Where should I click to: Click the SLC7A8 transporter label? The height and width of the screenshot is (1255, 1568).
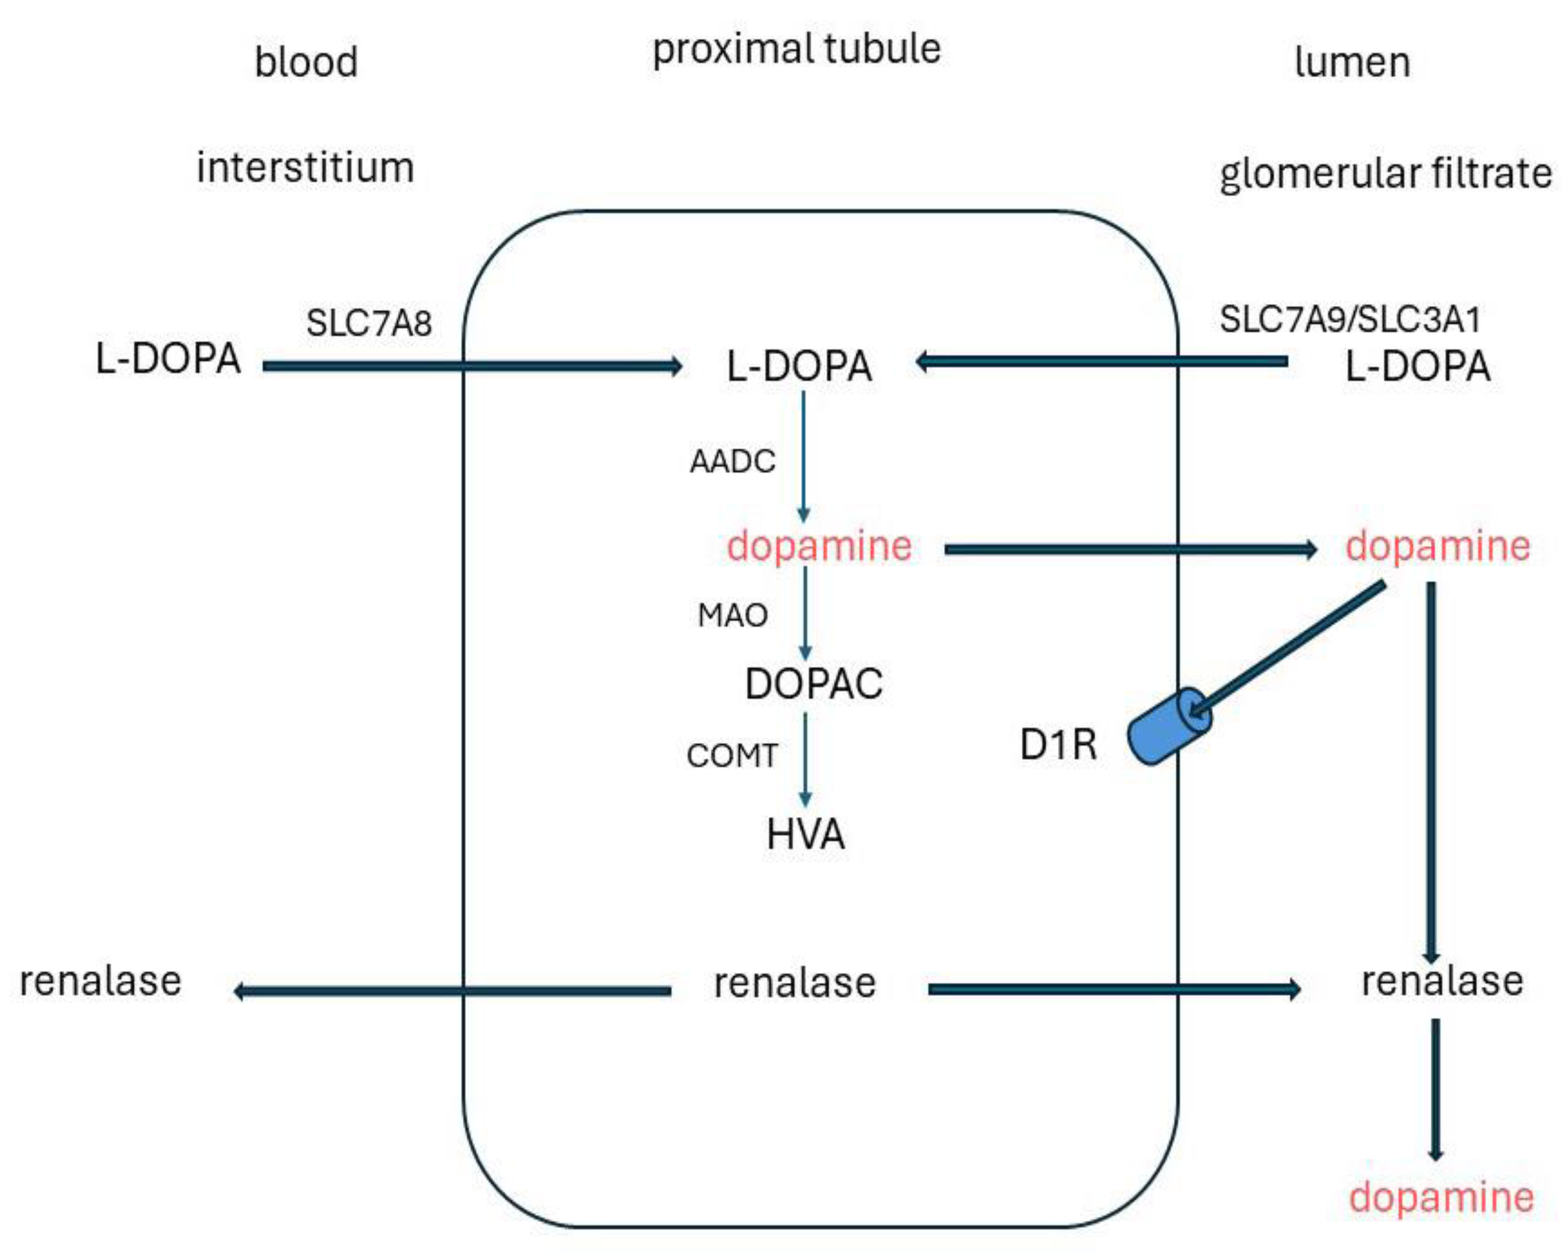(369, 323)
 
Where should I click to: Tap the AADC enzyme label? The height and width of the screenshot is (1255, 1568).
(732, 462)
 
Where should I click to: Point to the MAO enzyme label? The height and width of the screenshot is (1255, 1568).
(732, 615)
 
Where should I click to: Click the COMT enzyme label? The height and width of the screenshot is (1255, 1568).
(732, 756)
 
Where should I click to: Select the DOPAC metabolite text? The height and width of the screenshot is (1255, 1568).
(814, 684)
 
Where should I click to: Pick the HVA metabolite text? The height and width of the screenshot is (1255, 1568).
(806, 835)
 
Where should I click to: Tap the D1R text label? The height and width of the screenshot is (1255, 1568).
(1058, 745)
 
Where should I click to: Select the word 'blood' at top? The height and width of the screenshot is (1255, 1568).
(306, 62)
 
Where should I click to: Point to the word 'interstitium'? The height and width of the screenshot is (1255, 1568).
(305, 168)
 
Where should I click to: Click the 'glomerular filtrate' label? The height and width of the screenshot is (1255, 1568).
(1385, 174)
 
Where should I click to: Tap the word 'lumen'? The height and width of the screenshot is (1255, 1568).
(1352, 62)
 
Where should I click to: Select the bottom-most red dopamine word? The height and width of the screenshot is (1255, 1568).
(1441, 1197)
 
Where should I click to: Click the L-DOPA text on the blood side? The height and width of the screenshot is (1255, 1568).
(168, 358)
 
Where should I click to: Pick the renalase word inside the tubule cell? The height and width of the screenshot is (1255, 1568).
(795, 983)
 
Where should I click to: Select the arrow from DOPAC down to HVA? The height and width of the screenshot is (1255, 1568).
(805, 759)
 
